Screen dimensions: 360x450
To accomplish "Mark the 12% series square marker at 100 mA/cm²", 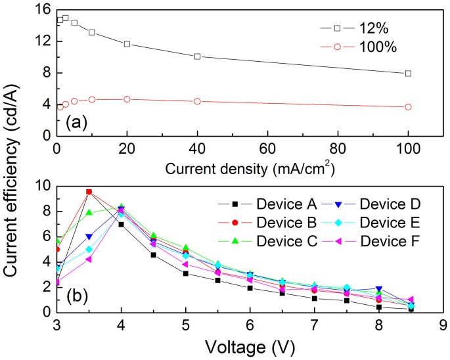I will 408,74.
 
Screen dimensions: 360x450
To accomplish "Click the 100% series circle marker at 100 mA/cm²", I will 408,107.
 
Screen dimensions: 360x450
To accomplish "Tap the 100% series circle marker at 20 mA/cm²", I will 127,99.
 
